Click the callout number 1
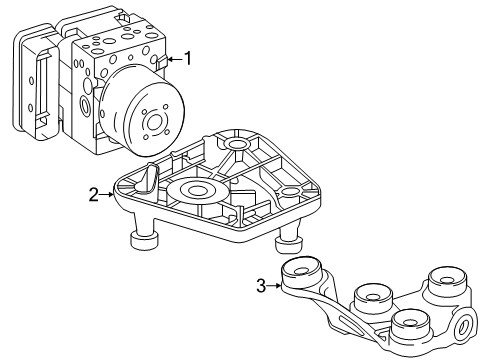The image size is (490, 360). tap(188, 58)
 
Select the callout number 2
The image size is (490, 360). tap(94, 195)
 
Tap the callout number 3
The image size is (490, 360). tap(261, 286)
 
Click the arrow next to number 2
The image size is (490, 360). tap(107, 194)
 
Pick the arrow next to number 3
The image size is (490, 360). tap(274, 286)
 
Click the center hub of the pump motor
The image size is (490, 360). tap(154, 123)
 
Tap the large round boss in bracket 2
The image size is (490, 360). tap(198, 190)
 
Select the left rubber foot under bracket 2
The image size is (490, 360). tap(144, 240)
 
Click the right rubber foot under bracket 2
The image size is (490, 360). tap(289, 245)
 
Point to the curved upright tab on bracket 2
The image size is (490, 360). tap(149, 178)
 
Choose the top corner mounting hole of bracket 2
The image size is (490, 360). tap(237, 144)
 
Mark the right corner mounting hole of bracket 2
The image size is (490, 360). tap(290, 192)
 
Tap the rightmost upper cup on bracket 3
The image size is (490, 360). tap(447, 280)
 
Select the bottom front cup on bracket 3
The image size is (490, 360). tap(410, 323)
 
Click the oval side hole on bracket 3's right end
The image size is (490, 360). tap(463, 326)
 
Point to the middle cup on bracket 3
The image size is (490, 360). tap(373, 296)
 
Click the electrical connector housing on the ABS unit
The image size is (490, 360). tap(36, 82)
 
